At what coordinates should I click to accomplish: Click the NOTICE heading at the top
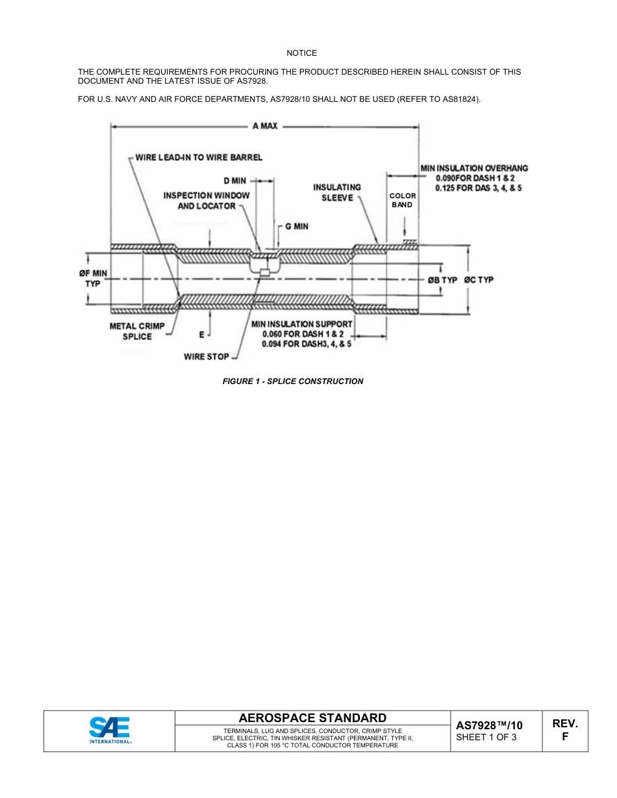tap(302, 53)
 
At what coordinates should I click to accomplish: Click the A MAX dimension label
tap(265, 126)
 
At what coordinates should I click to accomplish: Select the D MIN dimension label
tap(234, 180)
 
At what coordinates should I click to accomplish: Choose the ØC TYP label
tap(479, 280)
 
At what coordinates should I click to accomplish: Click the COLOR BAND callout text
tap(402, 200)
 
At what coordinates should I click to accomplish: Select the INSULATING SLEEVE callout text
tap(337, 193)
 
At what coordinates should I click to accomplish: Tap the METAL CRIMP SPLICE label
tap(136, 331)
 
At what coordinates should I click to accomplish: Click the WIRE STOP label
tap(207, 357)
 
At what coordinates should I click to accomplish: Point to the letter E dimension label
tap(202, 335)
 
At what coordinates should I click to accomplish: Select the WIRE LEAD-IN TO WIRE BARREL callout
tap(198, 158)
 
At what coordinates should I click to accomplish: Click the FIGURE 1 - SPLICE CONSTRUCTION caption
tap(293, 381)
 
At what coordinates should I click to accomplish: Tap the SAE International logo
tap(110, 731)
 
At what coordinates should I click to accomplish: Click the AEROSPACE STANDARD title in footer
tap(312, 718)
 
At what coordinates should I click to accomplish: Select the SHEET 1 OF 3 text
tap(486, 736)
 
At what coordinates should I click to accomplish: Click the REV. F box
tap(564, 730)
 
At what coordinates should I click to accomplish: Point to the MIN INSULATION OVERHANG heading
tap(474, 168)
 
